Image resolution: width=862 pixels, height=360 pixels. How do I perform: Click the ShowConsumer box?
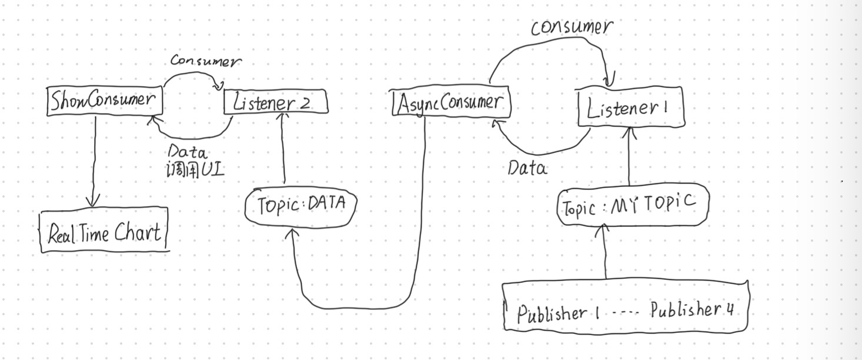tap(104, 101)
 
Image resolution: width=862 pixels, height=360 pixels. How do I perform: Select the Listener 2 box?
tap(275, 104)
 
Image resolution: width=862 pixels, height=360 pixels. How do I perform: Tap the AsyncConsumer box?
tap(451, 104)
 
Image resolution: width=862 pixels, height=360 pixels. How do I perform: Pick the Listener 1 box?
tap(630, 108)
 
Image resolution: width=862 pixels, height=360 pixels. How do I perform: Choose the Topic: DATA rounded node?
tap(300, 206)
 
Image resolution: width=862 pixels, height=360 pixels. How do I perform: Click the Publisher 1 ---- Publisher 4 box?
tap(626, 308)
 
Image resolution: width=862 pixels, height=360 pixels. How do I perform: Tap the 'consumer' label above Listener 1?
tap(571, 27)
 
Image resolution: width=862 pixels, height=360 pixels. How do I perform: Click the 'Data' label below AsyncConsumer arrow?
tap(527, 169)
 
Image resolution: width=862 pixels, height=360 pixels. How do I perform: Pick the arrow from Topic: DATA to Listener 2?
tap(283, 147)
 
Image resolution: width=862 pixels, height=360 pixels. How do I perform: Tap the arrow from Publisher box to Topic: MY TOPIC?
tap(605, 253)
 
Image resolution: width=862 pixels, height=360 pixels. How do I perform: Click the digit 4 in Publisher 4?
tap(729, 310)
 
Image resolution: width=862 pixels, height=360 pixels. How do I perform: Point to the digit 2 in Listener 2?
tap(305, 104)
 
